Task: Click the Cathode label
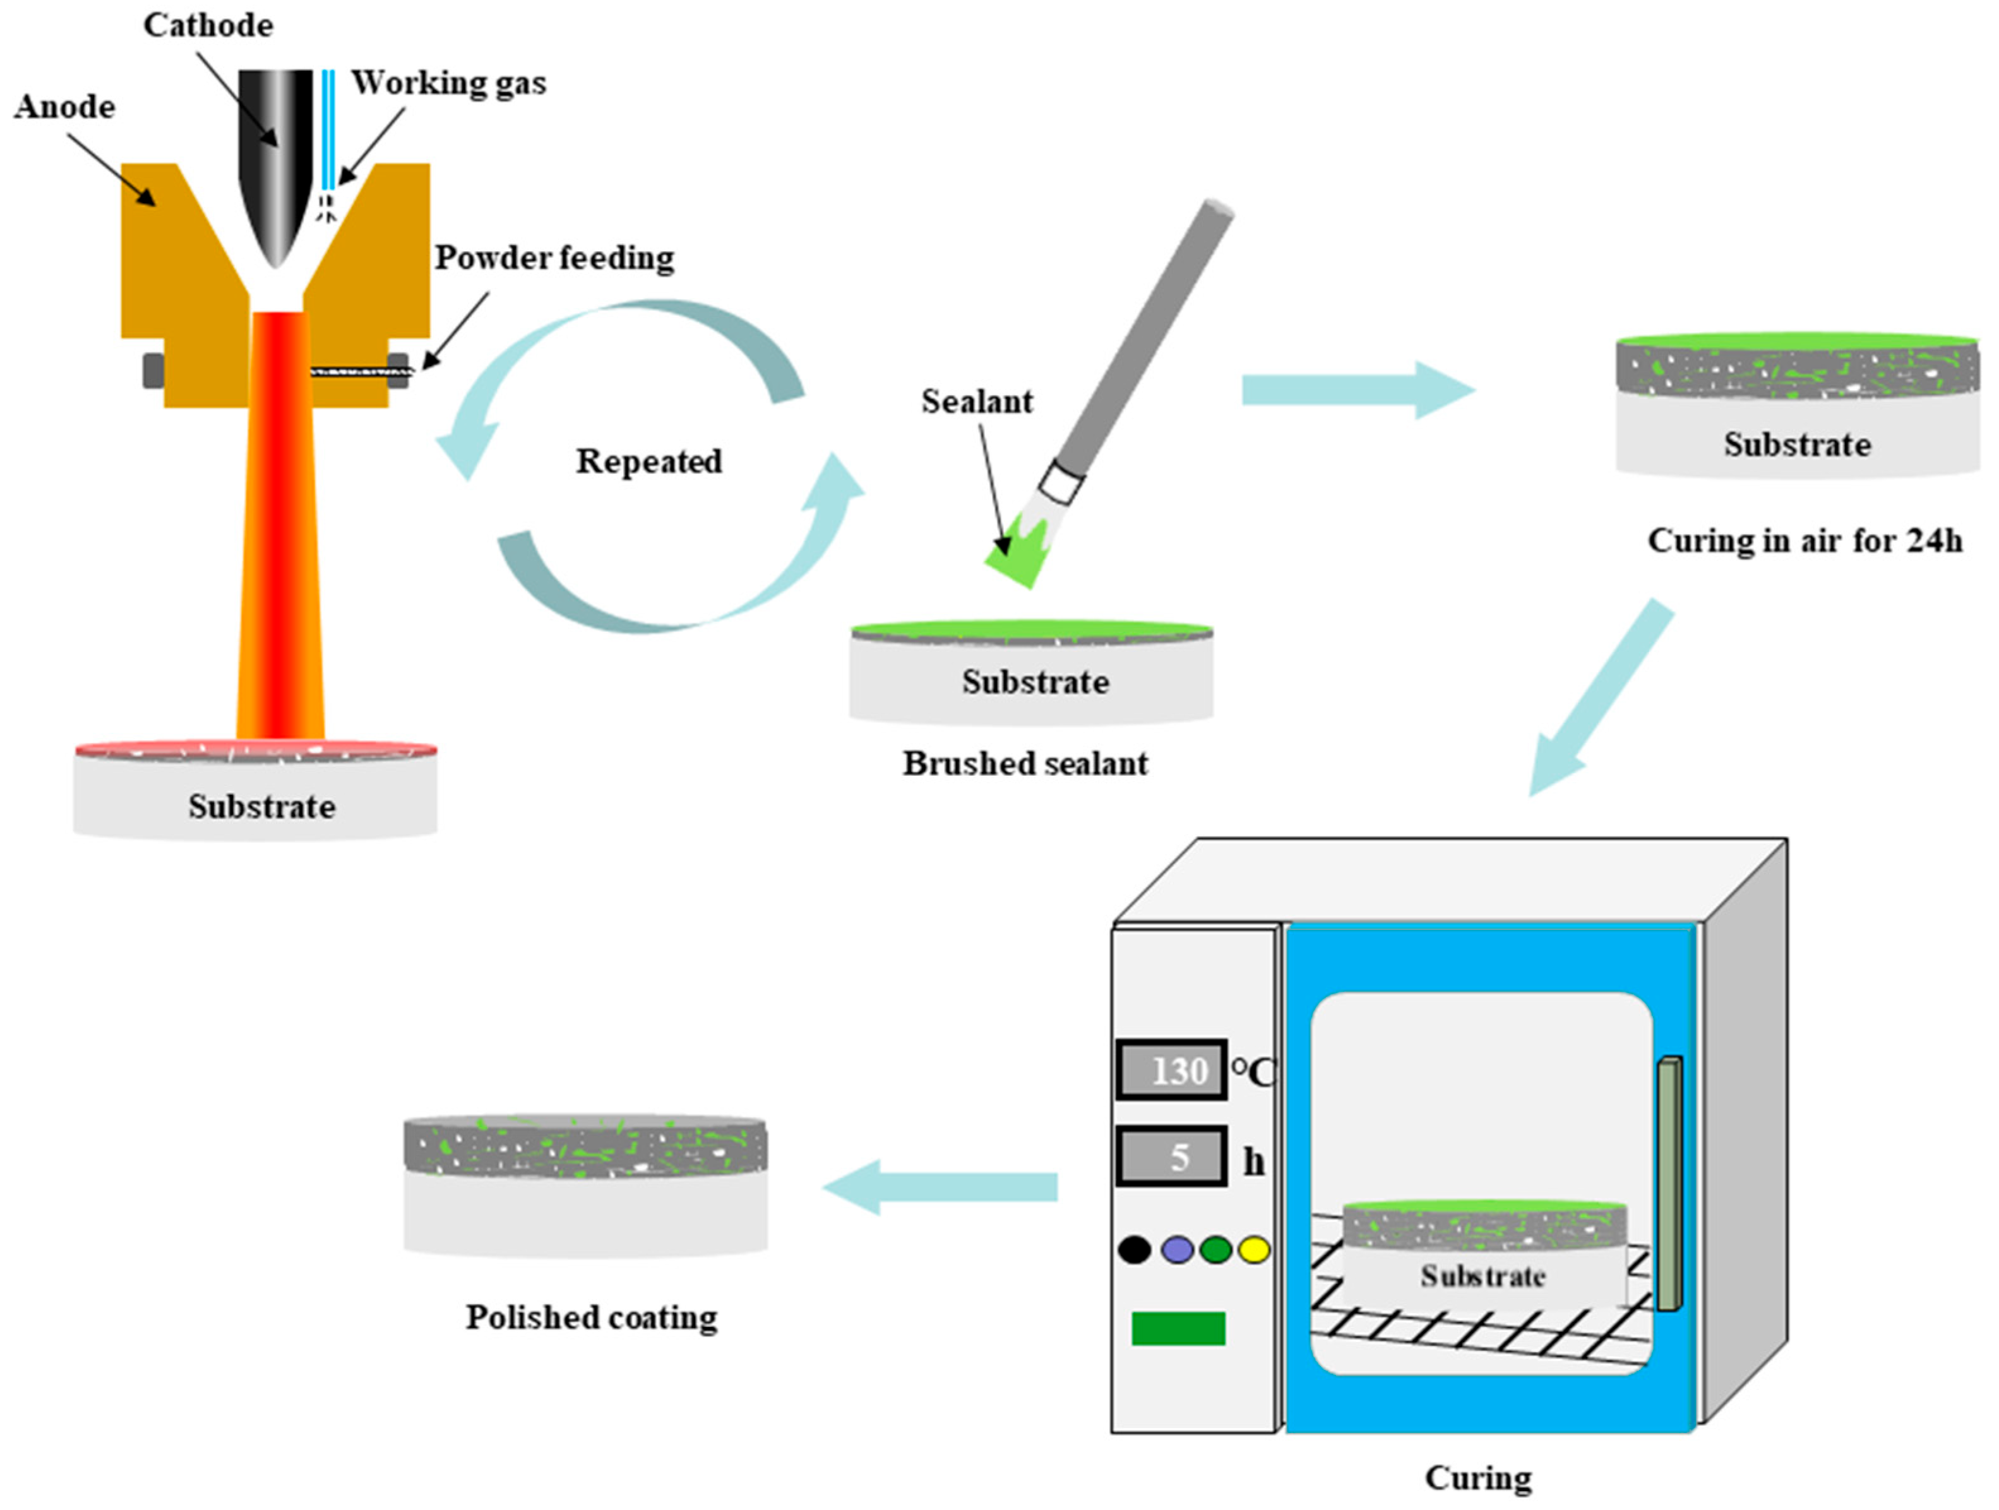click(208, 25)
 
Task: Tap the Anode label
click(65, 107)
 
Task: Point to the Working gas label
click(449, 83)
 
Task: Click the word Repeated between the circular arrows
click(649, 461)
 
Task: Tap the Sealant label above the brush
click(977, 401)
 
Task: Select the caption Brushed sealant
click(1025, 764)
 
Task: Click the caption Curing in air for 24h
click(1805, 540)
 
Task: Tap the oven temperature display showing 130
click(1171, 1070)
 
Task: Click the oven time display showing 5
click(1171, 1156)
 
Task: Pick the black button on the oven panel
click(1134, 1250)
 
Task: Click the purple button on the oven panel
click(1177, 1250)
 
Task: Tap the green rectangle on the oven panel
click(1178, 1328)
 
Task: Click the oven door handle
click(1670, 1183)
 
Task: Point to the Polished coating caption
click(592, 1317)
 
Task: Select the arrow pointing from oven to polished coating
click(940, 1187)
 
